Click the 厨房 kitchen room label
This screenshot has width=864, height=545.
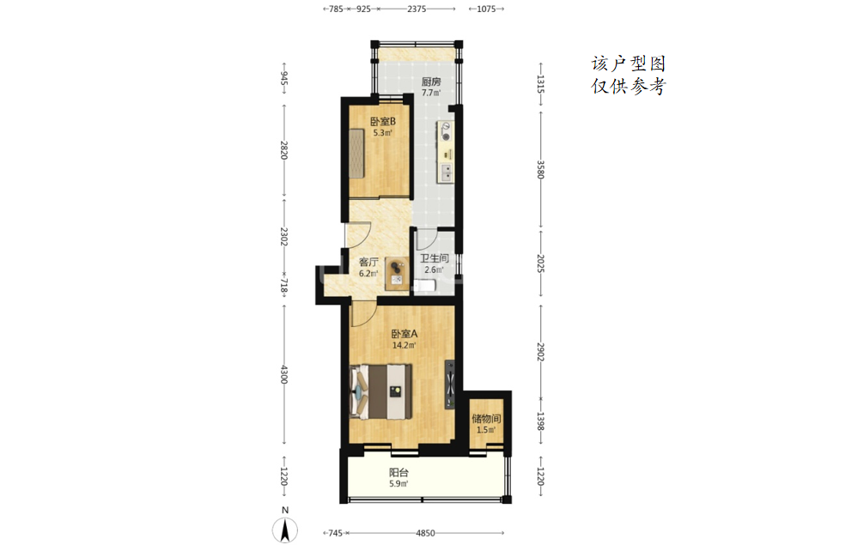(x=431, y=82)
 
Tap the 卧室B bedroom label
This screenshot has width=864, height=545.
(x=382, y=121)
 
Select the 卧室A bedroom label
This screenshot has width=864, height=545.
(x=404, y=334)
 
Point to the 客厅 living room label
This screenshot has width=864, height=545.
(x=368, y=262)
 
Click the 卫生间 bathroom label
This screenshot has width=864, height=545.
(x=435, y=258)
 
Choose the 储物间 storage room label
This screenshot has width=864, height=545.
(x=486, y=418)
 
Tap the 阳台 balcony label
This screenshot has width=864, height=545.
(x=399, y=472)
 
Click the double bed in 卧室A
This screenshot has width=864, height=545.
(x=381, y=391)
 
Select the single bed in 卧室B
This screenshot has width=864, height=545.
(x=356, y=154)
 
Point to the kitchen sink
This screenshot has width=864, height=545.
(x=445, y=173)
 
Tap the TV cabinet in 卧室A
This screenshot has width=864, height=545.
(x=450, y=385)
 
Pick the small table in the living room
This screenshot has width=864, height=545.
(x=396, y=273)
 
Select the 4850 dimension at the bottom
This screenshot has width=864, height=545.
(x=425, y=533)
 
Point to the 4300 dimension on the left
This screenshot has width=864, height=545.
(x=283, y=374)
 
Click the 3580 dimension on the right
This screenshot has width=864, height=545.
(x=540, y=170)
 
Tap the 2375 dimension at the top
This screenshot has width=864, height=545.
(x=417, y=9)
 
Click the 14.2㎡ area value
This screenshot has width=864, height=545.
(x=404, y=346)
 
